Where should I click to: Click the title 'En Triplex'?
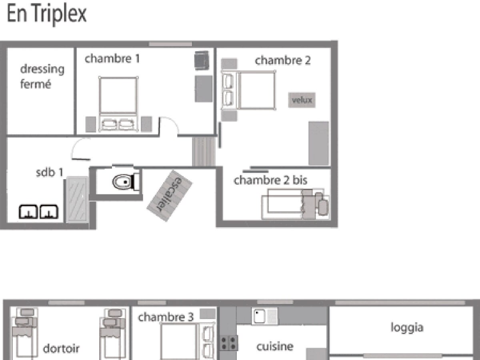coord(46,14)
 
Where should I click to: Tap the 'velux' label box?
coord(302,100)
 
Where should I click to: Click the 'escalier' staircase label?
coord(169,196)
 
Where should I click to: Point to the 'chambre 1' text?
coord(112,58)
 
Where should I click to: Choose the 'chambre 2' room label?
coord(282,60)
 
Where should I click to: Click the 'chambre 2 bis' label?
coord(270,180)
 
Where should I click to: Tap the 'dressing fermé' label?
coord(42,76)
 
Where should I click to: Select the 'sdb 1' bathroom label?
coord(50,172)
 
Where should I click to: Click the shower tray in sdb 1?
coord(77,200)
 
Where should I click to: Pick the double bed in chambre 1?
coord(118,104)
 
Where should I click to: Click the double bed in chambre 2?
coord(248,90)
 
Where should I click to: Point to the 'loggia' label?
coord(407,328)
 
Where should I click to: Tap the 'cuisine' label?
coord(275,346)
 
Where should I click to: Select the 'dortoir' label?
coord(61,348)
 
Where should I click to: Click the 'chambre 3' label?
coord(166,317)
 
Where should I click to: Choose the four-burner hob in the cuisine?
coord(228,343)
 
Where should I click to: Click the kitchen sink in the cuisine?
coord(265,316)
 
